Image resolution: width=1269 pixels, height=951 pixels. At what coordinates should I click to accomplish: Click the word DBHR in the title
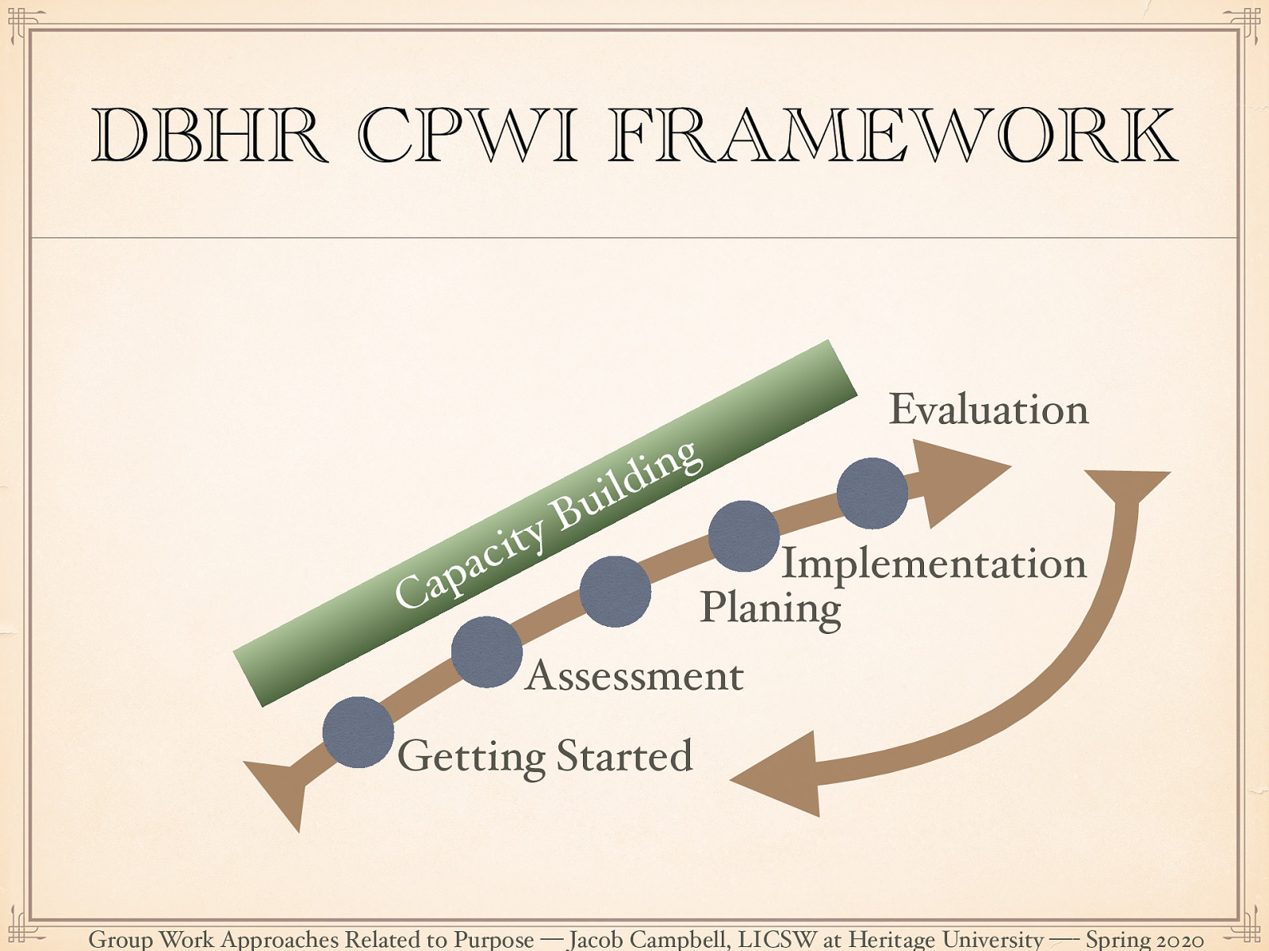point(209,136)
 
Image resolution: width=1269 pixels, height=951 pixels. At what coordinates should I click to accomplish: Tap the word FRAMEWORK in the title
point(892,136)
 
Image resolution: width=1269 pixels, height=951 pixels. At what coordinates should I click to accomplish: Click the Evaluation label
point(988,410)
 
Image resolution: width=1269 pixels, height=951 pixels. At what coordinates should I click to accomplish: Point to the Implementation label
point(934,563)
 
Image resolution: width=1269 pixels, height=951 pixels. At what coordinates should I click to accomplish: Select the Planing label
point(769,609)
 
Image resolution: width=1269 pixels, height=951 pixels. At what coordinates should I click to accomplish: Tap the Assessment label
point(634,676)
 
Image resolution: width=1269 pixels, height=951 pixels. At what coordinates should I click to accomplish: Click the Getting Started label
point(545,756)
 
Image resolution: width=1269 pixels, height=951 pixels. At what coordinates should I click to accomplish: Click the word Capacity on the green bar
point(470,565)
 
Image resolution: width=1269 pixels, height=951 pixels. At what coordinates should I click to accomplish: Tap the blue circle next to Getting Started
point(358,732)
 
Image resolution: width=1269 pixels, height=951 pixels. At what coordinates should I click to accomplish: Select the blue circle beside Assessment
point(487,651)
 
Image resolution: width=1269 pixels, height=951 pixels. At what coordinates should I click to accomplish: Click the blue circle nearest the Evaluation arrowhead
point(872,493)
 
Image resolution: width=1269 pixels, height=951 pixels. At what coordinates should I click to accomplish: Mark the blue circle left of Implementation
point(743,537)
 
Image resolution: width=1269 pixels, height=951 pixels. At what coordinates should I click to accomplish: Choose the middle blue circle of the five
point(615,591)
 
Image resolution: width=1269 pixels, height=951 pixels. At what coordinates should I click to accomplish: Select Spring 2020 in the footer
point(1144,939)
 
